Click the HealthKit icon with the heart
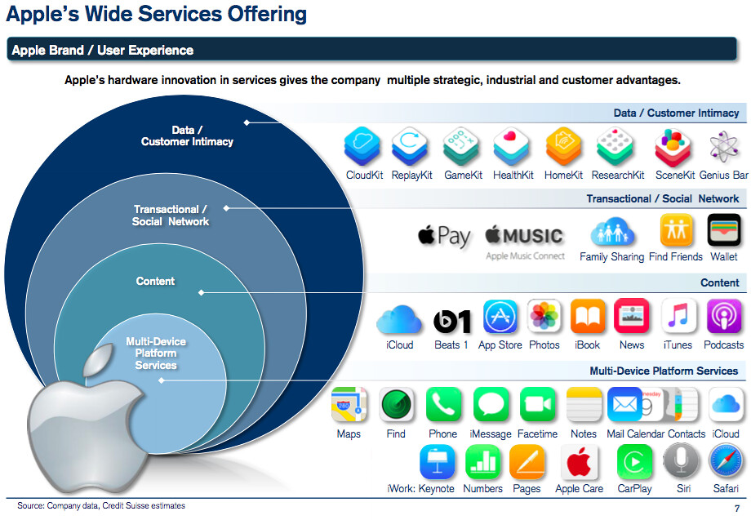point(512,147)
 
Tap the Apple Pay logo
point(444,236)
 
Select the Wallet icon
point(723,231)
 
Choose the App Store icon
point(500,317)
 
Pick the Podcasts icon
point(723,317)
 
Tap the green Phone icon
point(443,405)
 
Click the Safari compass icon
point(725,463)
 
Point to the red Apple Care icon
point(579,463)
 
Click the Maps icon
point(349,405)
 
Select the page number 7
point(737,509)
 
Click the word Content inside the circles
point(155,281)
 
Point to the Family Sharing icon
point(611,233)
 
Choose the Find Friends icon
point(676,231)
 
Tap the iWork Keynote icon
point(438,463)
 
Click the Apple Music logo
point(524,236)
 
